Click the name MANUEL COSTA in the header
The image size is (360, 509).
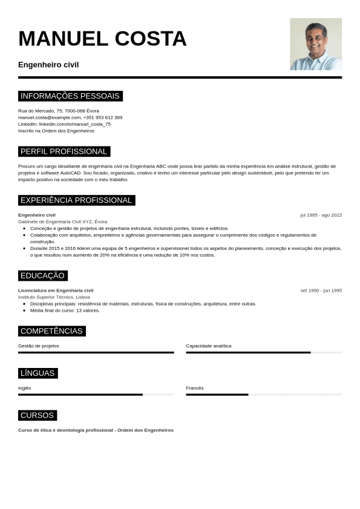click(102, 39)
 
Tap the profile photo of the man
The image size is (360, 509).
click(315, 44)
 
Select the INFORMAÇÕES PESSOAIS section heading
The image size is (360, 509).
click(70, 96)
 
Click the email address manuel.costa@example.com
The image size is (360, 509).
click(48, 117)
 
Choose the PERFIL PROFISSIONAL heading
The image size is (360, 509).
click(64, 151)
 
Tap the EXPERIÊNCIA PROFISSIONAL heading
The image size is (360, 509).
click(76, 200)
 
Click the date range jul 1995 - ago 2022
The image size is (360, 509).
click(321, 215)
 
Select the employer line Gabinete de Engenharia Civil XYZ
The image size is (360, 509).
click(62, 222)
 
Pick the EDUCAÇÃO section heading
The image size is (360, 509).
click(42, 276)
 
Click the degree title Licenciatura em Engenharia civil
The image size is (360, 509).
click(56, 291)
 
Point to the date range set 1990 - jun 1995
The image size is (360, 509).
click(321, 291)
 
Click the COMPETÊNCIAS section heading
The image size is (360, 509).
click(51, 331)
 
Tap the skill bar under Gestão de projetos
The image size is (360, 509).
click(96, 352)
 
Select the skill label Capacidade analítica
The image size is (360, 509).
click(209, 346)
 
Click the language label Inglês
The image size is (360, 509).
click(25, 388)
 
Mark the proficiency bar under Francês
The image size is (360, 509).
click(264, 395)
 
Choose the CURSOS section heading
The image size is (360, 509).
click(38, 415)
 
